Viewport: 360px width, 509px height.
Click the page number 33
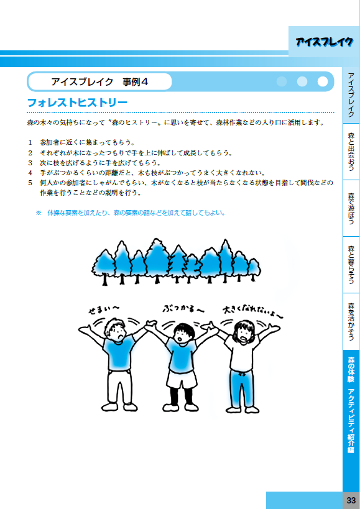pyautogui.click(x=351, y=500)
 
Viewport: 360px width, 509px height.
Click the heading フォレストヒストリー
pyautogui.click(x=77, y=103)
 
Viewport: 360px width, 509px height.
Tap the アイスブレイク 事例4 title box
pyautogui.click(x=99, y=82)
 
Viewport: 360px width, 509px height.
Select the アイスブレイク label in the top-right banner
pyautogui.click(x=324, y=42)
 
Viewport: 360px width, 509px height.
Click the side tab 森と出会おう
pyautogui.click(x=351, y=152)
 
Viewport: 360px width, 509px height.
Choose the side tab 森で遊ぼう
pyautogui.click(x=351, y=208)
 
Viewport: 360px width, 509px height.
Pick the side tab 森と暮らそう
pyautogui.click(x=351, y=265)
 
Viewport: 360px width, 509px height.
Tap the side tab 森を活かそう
pyautogui.click(x=351, y=321)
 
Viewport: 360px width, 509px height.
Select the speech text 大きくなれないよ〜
pyautogui.click(x=253, y=311)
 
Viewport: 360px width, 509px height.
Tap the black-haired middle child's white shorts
pyautogui.click(x=182, y=379)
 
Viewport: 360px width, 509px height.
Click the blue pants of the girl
pyautogui.click(x=242, y=388)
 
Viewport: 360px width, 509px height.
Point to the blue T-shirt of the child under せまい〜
pyautogui.click(x=119, y=353)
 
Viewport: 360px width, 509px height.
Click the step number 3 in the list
pyautogui.click(x=30, y=163)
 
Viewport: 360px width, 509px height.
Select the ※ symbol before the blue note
pyautogui.click(x=39, y=213)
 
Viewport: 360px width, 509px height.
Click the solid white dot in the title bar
pyautogui.click(x=322, y=81)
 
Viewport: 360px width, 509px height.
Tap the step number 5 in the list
pyautogui.click(x=30, y=183)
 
